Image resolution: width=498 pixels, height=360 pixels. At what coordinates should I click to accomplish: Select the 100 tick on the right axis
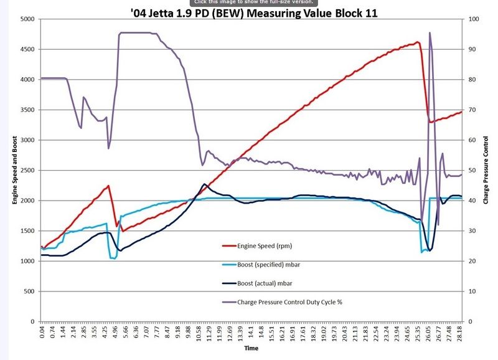(474, 19)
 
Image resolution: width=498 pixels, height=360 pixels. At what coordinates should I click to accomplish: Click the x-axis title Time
(251, 349)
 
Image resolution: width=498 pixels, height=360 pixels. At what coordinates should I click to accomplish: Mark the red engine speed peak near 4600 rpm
(417, 42)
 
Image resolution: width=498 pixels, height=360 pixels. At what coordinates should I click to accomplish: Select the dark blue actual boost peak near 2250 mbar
(204, 184)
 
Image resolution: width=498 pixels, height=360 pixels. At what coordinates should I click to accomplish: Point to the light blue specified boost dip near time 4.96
(113, 258)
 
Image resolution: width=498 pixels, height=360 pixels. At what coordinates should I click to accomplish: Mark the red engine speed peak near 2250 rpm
(108, 186)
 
